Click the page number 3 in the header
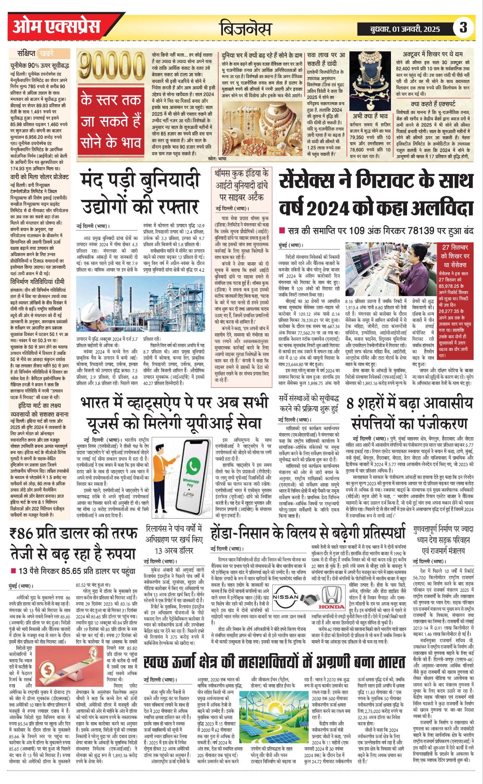coord(463,28)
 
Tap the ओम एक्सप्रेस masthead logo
coord(56,27)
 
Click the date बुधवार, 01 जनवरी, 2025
coord(405,29)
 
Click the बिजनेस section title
coord(245,29)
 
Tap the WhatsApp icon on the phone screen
coord(193,466)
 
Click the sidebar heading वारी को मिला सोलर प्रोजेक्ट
coord(39,177)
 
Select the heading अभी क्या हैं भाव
coord(370,116)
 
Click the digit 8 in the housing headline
coord(350,403)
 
